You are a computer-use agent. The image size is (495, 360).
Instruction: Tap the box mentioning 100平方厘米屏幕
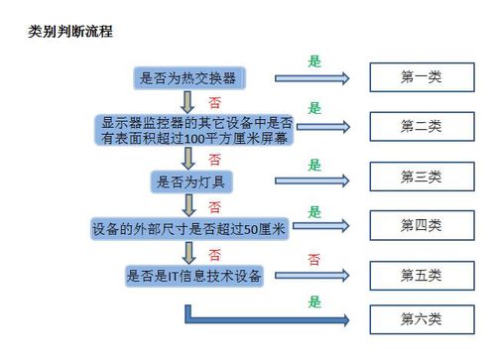(x=196, y=130)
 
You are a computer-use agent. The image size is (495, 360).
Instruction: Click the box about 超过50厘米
(x=189, y=229)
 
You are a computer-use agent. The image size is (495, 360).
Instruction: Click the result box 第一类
(x=421, y=77)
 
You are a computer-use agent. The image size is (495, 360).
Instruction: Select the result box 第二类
(x=421, y=126)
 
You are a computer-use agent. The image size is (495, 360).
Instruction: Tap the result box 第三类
(x=421, y=177)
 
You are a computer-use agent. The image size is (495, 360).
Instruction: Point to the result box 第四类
(x=421, y=225)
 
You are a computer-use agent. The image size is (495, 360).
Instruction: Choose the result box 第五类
(x=421, y=274)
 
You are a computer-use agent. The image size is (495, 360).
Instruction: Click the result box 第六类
(x=421, y=319)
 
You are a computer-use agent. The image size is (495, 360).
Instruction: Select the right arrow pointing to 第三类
(x=312, y=180)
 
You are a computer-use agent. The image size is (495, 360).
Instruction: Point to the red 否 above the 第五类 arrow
(x=313, y=260)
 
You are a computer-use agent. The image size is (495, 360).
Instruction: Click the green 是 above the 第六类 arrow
(x=314, y=301)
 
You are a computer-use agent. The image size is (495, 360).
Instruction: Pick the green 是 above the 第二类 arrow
(x=314, y=108)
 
